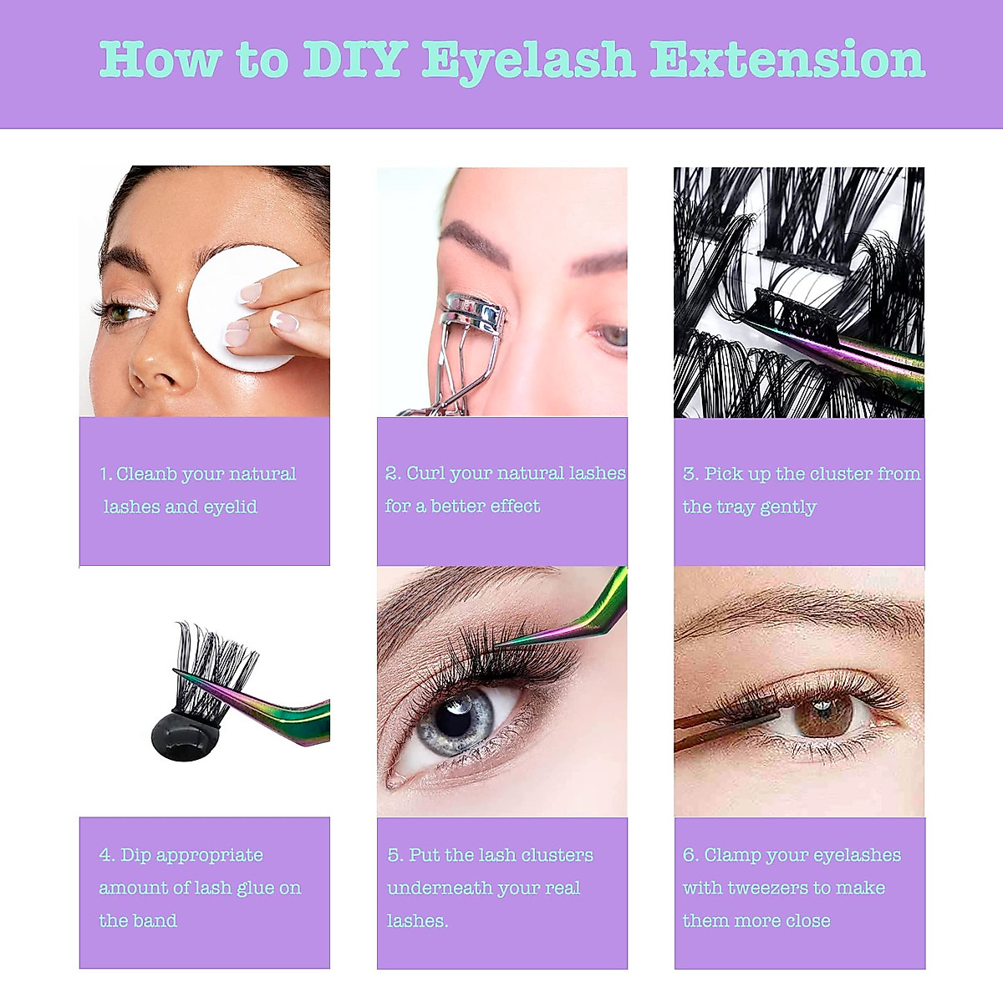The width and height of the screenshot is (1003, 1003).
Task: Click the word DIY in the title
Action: pos(355,60)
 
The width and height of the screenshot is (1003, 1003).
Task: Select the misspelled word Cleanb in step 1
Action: pos(146,474)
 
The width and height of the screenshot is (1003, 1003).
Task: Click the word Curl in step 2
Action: pos(425,473)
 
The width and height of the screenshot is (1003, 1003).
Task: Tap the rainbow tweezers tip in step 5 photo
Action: pos(501,643)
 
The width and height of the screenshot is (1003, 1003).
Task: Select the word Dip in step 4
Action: pos(135,855)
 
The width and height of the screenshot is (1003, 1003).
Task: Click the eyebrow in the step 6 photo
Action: pos(794,606)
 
